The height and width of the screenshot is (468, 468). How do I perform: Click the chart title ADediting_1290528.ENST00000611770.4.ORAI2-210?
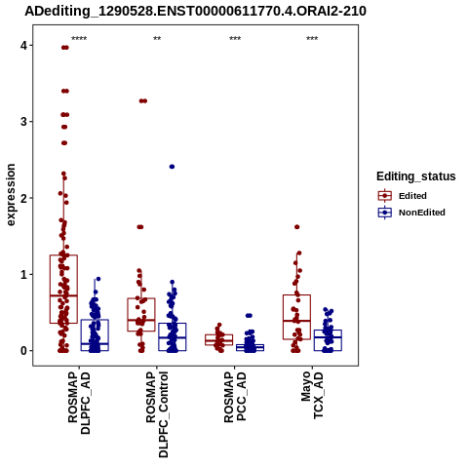[195, 11]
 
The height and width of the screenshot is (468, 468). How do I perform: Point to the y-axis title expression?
[11, 195]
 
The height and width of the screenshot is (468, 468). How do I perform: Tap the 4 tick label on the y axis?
[24, 46]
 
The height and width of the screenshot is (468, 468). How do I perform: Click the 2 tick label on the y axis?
[24, 198]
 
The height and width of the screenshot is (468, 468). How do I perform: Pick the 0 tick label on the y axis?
[24, 351]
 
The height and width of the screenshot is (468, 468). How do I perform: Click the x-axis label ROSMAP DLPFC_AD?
[79, 403]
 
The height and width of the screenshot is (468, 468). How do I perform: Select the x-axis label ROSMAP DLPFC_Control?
[157, 414]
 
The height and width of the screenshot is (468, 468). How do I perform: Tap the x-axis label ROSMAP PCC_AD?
[235, 397]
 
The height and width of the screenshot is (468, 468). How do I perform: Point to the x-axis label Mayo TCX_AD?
[312, 395]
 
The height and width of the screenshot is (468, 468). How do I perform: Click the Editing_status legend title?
[416, 176]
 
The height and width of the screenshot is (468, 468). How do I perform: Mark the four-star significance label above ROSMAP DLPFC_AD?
[79, 38]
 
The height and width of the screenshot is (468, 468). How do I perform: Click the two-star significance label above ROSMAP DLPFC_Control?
[157, 38]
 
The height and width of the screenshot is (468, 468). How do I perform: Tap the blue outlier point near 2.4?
[172, 167]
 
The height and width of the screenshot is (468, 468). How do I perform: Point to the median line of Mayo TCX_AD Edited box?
[296, 321]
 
